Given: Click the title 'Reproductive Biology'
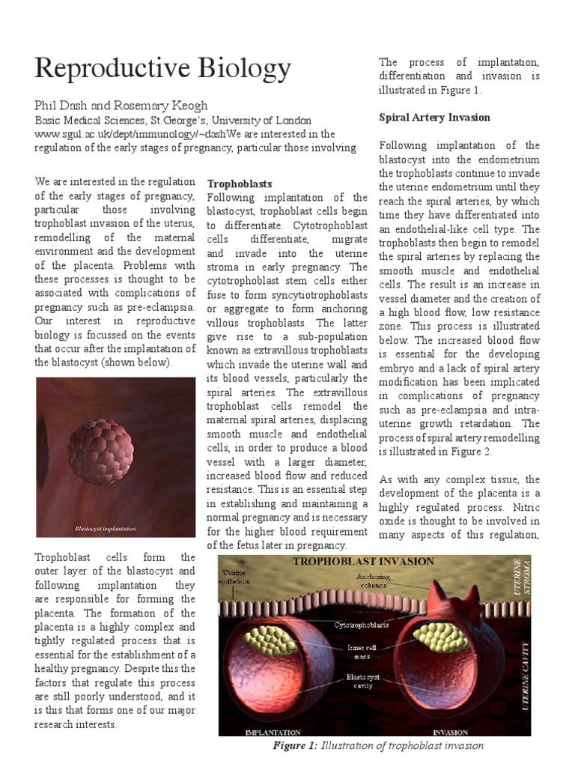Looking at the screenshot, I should point(163,69).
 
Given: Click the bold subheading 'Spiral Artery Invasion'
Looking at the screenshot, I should point(435,118).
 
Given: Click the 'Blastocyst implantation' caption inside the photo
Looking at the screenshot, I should point(105,529).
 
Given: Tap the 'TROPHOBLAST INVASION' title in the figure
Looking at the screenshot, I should point(363,561).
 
